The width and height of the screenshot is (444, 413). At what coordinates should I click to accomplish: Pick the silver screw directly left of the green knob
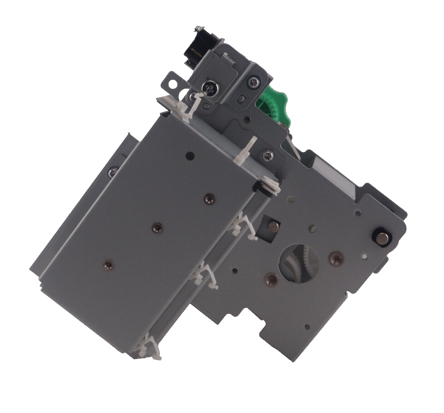point(255,81)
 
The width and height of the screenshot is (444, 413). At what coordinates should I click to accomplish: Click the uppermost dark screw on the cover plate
point(209,199)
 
